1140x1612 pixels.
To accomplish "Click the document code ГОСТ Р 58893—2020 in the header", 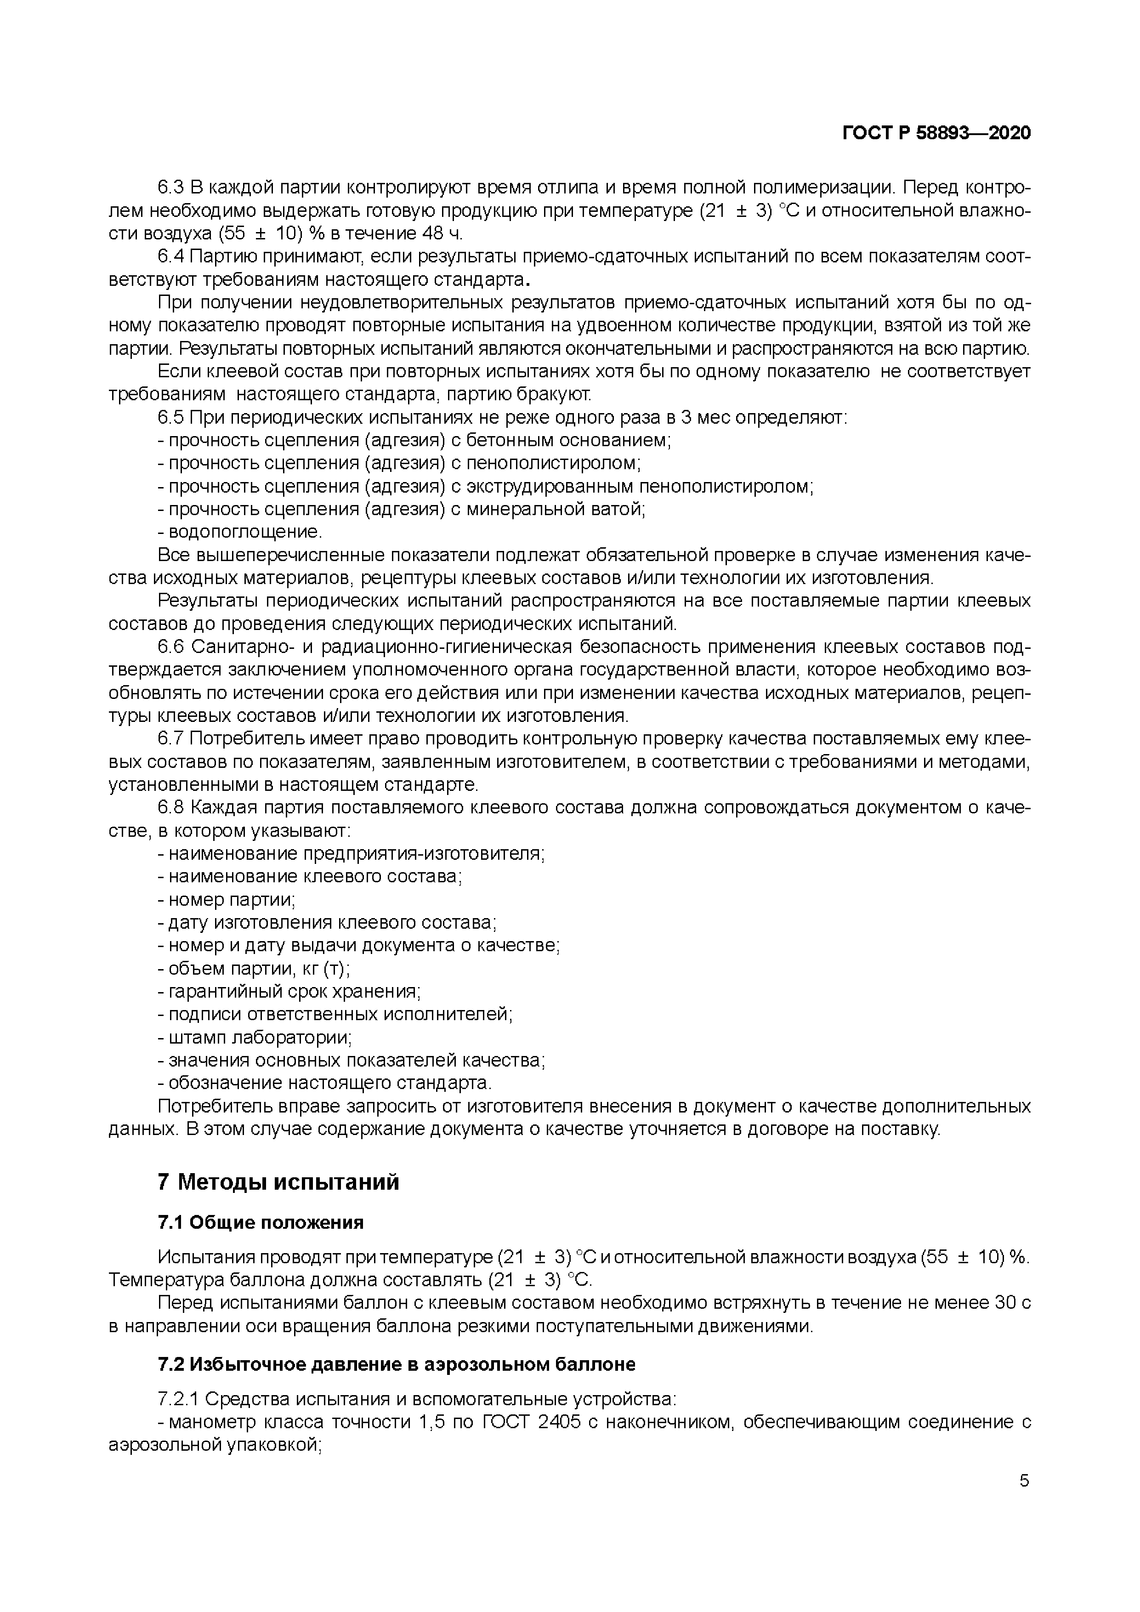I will [x=936, y=133].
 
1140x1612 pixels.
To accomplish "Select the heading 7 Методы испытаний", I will [x=278, y=1181].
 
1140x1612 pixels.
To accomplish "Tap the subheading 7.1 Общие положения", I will [x=261, y=1222].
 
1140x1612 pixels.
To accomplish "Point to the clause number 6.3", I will [x=170, y=187].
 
